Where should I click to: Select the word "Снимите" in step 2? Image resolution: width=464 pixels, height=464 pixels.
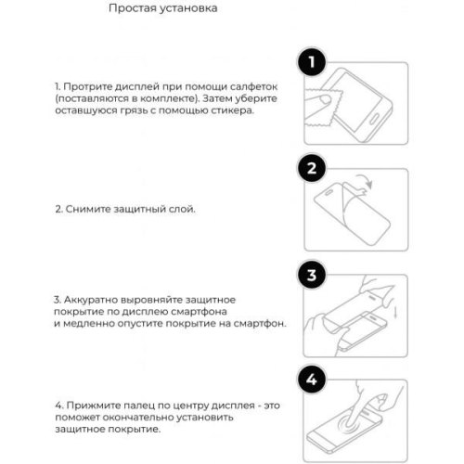click(86, 210)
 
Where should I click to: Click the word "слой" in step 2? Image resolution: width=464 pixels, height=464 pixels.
click(182, 210)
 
